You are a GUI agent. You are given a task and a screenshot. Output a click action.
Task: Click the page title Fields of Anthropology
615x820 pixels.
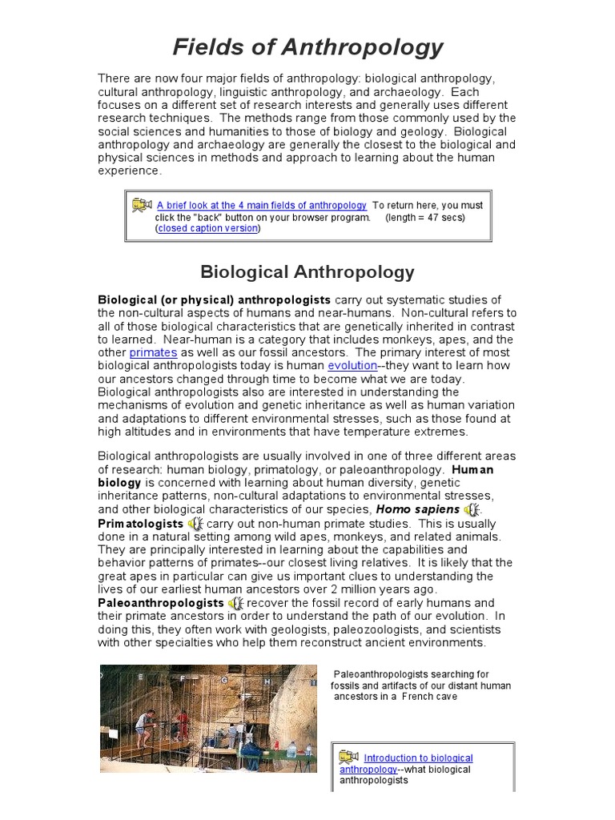[307, 47]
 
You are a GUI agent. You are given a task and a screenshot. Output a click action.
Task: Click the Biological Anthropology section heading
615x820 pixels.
[307, 271]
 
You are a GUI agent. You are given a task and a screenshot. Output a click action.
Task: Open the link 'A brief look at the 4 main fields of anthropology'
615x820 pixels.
[262, 206]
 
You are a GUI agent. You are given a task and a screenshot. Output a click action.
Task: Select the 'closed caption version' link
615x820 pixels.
[208, 228]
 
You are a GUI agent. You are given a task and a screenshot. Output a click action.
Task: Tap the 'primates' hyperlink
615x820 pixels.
[153, 352]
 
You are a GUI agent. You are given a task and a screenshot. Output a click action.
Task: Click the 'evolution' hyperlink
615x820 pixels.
[352, 365]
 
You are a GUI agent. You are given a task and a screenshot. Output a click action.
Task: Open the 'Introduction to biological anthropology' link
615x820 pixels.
[418, 758]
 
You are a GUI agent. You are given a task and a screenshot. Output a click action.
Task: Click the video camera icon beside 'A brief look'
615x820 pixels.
[142, 205]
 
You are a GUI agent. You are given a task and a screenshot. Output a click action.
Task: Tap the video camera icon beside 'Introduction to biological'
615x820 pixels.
[348, 757]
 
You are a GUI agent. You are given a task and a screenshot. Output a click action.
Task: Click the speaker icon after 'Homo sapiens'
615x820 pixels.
[472, 510]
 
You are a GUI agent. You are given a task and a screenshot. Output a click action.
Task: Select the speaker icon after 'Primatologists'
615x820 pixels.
[195, 524]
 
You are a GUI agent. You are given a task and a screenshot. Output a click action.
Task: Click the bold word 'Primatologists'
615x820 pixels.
[140, 524]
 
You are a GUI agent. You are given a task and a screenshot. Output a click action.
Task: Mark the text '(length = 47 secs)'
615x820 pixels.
[424, 217]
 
